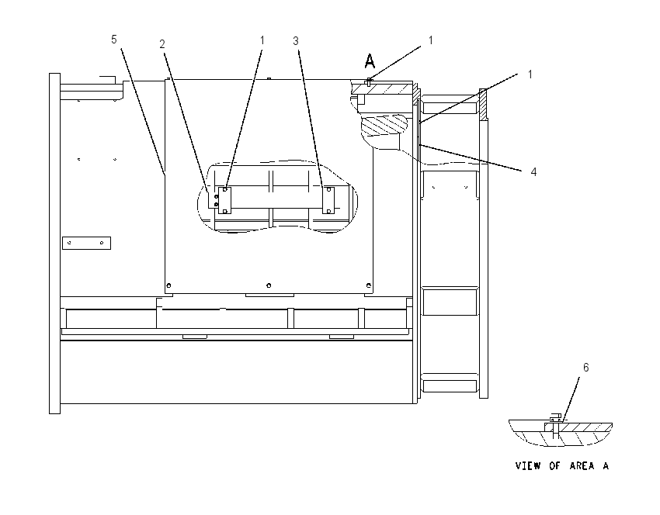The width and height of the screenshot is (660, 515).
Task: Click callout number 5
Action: pos(113,39)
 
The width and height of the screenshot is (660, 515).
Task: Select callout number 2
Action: pos(162,43)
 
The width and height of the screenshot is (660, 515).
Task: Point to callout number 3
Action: pos(296,41)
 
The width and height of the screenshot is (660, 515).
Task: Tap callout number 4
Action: pos(533,171)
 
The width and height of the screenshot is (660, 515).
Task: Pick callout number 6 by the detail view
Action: pos(585,368)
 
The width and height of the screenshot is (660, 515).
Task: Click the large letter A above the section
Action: pos(370,61)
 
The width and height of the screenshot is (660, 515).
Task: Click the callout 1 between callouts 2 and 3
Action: pos(262,40)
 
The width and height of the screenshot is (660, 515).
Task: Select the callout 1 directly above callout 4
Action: pos(530,74)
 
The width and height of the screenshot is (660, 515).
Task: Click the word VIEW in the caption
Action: pos(528,466)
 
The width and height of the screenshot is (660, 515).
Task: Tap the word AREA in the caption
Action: pos(582,466)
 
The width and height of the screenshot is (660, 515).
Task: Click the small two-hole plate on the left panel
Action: pos(86,243)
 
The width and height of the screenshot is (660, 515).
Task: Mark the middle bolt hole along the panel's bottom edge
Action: pos(269,285)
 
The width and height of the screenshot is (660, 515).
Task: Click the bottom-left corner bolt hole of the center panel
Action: pos(168,285)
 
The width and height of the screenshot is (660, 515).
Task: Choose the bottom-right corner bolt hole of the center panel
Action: pos(369,285)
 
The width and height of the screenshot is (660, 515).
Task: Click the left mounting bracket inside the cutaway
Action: pos(224,201)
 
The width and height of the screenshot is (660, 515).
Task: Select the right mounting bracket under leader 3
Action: pos(328,201)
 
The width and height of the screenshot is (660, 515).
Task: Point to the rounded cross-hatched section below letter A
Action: pos(384,125)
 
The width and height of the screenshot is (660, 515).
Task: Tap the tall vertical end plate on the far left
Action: pos(54,244)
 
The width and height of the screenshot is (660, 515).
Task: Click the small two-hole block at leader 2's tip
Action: pos(214,200)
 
